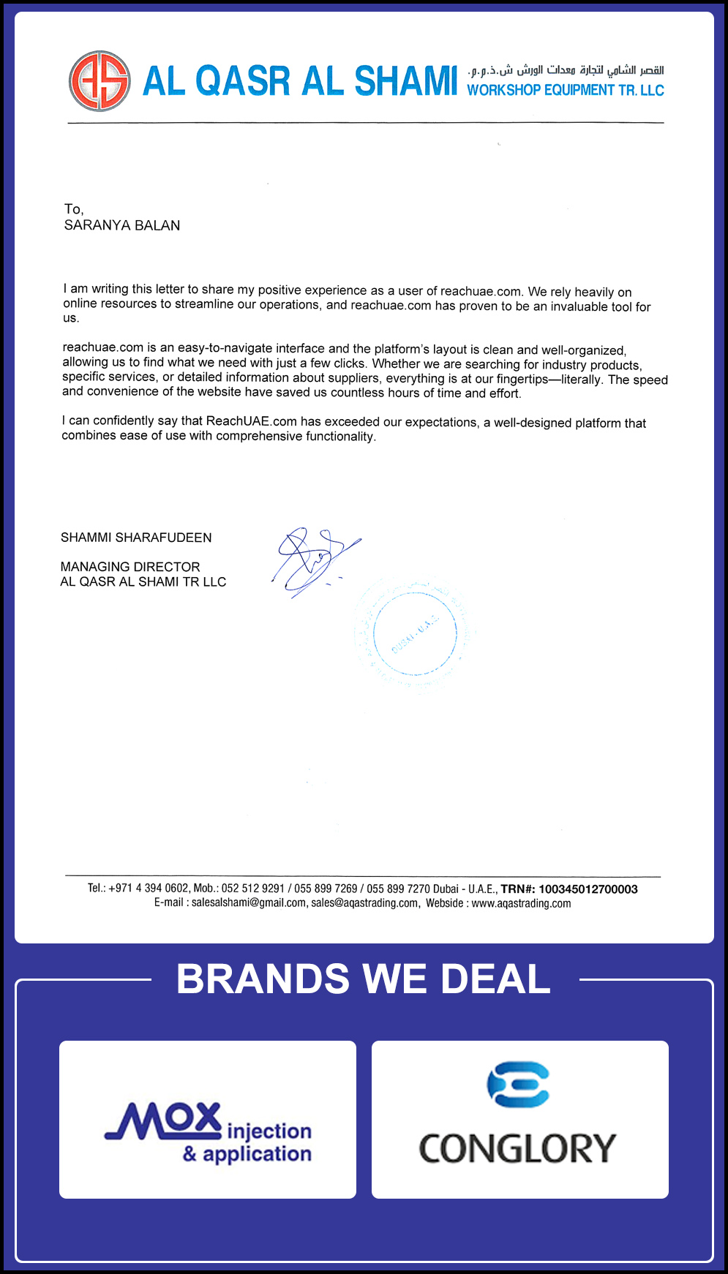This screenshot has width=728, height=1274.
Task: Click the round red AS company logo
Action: (100, 81)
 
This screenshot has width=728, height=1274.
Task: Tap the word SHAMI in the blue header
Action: (405, 81)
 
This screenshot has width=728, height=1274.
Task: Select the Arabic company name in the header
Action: (566, 70)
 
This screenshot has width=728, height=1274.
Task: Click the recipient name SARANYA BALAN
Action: (122, 225)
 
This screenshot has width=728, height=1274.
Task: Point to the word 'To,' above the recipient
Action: (74, 209)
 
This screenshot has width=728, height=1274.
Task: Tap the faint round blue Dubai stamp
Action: (415, 633)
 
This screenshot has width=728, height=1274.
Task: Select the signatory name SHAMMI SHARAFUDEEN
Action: (136, 538)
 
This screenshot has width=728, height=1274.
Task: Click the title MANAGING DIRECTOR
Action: (130, 567)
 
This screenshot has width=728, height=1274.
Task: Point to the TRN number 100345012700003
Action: (588, 889)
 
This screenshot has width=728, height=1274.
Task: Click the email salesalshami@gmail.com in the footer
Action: (249, 903)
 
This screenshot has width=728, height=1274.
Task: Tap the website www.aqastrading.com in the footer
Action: (521, 903)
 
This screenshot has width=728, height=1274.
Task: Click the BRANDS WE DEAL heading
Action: (364, 979)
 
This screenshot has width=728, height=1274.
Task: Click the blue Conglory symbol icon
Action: (518, 1084)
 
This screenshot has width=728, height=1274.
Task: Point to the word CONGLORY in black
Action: (518, 1148)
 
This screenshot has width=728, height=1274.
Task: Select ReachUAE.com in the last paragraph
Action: (252, 421)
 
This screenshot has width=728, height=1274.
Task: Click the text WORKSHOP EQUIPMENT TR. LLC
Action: (566, 90)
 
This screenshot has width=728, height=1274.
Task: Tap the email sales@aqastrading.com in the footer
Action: (365, 903)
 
